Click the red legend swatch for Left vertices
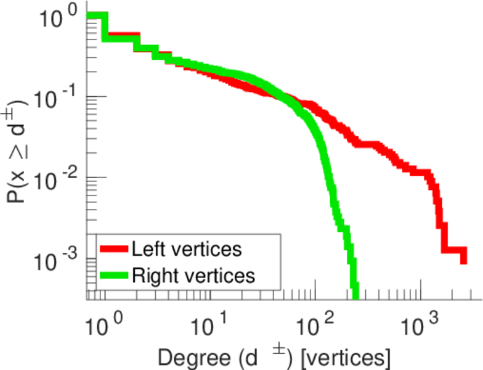115,249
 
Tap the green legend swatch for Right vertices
115,276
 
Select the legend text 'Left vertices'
186,249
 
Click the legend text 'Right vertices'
193,276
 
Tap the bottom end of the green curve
355,290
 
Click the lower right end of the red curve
463,260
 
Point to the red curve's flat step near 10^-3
453,251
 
